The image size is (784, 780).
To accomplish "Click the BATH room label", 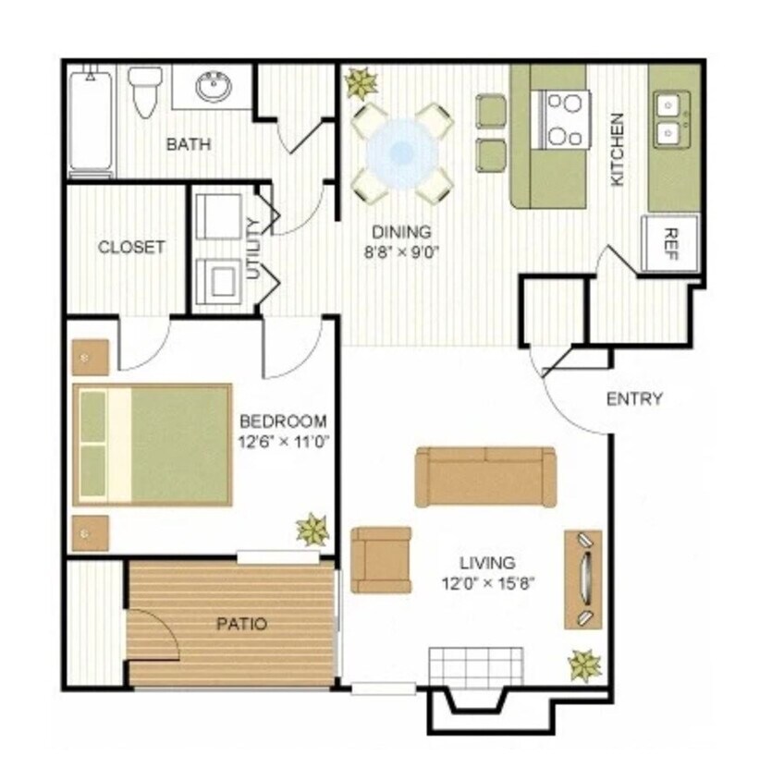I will [x=189, y=144].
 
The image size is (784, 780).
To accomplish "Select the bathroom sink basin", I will [x=214, y=88].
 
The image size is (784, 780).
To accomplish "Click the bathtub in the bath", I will [x=91, y=120].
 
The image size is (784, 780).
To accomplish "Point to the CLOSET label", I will [x=131, y=247].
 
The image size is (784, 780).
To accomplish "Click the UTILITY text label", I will [x=253, y=248].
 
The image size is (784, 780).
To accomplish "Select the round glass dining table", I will [x=401, y=152].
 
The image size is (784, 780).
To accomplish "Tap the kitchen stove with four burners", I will [x=565, y=119].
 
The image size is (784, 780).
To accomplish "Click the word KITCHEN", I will [x=618, y=149].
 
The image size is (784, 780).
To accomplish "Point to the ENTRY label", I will [x=634, y=399].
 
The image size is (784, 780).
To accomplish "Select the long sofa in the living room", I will [x=485, y=476].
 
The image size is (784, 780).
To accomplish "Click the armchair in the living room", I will [x=381, y=559].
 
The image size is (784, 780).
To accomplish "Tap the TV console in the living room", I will [x=582, y=579].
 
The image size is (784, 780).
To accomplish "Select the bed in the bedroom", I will [x=153, y=445].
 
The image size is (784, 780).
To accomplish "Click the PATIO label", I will [x=241, y=624].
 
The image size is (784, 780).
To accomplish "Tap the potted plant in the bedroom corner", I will [x=312, y=530].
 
